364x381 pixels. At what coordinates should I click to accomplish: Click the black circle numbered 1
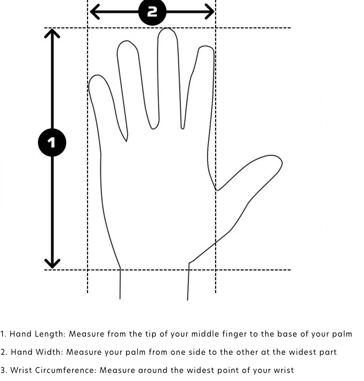52,142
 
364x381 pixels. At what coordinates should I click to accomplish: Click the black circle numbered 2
153,11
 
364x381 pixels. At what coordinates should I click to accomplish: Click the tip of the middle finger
167,28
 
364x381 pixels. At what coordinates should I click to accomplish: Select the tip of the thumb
282,162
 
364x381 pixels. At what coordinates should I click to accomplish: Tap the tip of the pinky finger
97,75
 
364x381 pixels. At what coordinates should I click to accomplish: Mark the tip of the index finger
206,46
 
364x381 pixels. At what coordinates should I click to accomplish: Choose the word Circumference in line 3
64,370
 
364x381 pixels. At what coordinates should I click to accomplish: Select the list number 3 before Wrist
3,370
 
